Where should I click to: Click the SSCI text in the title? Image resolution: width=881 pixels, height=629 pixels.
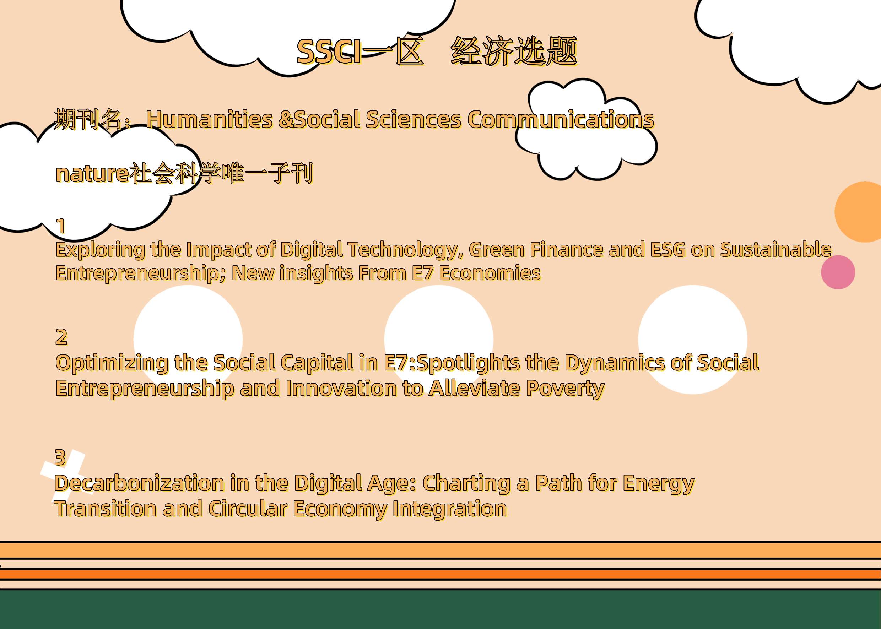pos(330,51)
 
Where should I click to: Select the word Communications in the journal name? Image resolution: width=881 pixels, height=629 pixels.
pos(561,119)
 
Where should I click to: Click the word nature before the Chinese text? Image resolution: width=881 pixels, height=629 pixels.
pos(92,174)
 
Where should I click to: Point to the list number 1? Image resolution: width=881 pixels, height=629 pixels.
pos(61,226)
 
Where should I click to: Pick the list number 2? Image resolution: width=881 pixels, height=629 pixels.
pos(61,337)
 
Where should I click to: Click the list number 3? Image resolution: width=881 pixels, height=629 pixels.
pos(60,457)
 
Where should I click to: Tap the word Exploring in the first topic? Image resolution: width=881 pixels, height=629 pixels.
pos(100,250)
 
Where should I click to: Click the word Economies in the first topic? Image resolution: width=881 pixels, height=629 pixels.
pos(490,273)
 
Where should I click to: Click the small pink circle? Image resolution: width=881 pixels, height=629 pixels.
pos(838,272)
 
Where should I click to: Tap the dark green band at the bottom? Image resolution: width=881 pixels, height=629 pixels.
pos(440,609)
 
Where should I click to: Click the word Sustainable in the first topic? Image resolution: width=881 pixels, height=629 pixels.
pos(775,249)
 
